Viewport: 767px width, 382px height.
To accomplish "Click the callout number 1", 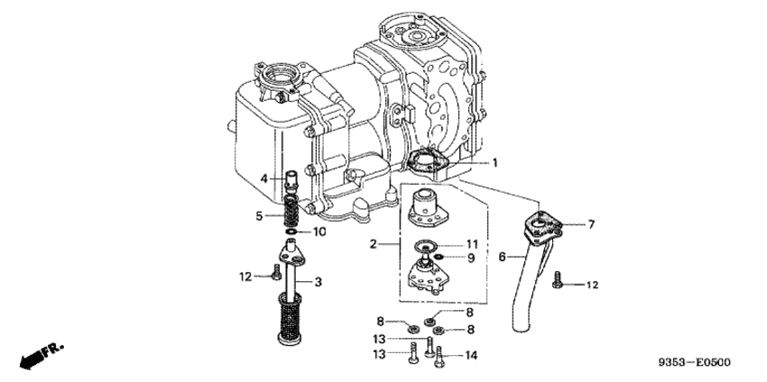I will pyautogui.click(x=494, y=163).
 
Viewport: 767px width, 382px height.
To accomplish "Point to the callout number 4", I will pyautogui.click(x=264, y=179).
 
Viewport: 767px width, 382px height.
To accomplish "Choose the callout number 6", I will pyautogui.click(x=502, y=257).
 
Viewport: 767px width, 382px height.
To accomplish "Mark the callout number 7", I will pyautogui.click(x=591, y=223).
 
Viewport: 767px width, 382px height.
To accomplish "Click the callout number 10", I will pyautogui.click(x=321, y=232).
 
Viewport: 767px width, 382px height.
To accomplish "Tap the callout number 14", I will pyautogui.click(x=469, y=355).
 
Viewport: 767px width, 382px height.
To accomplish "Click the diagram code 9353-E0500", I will pyautogui.click(x=694, y=363).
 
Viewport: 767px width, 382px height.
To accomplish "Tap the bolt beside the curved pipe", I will pyautogui.click(x=559, y=283).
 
